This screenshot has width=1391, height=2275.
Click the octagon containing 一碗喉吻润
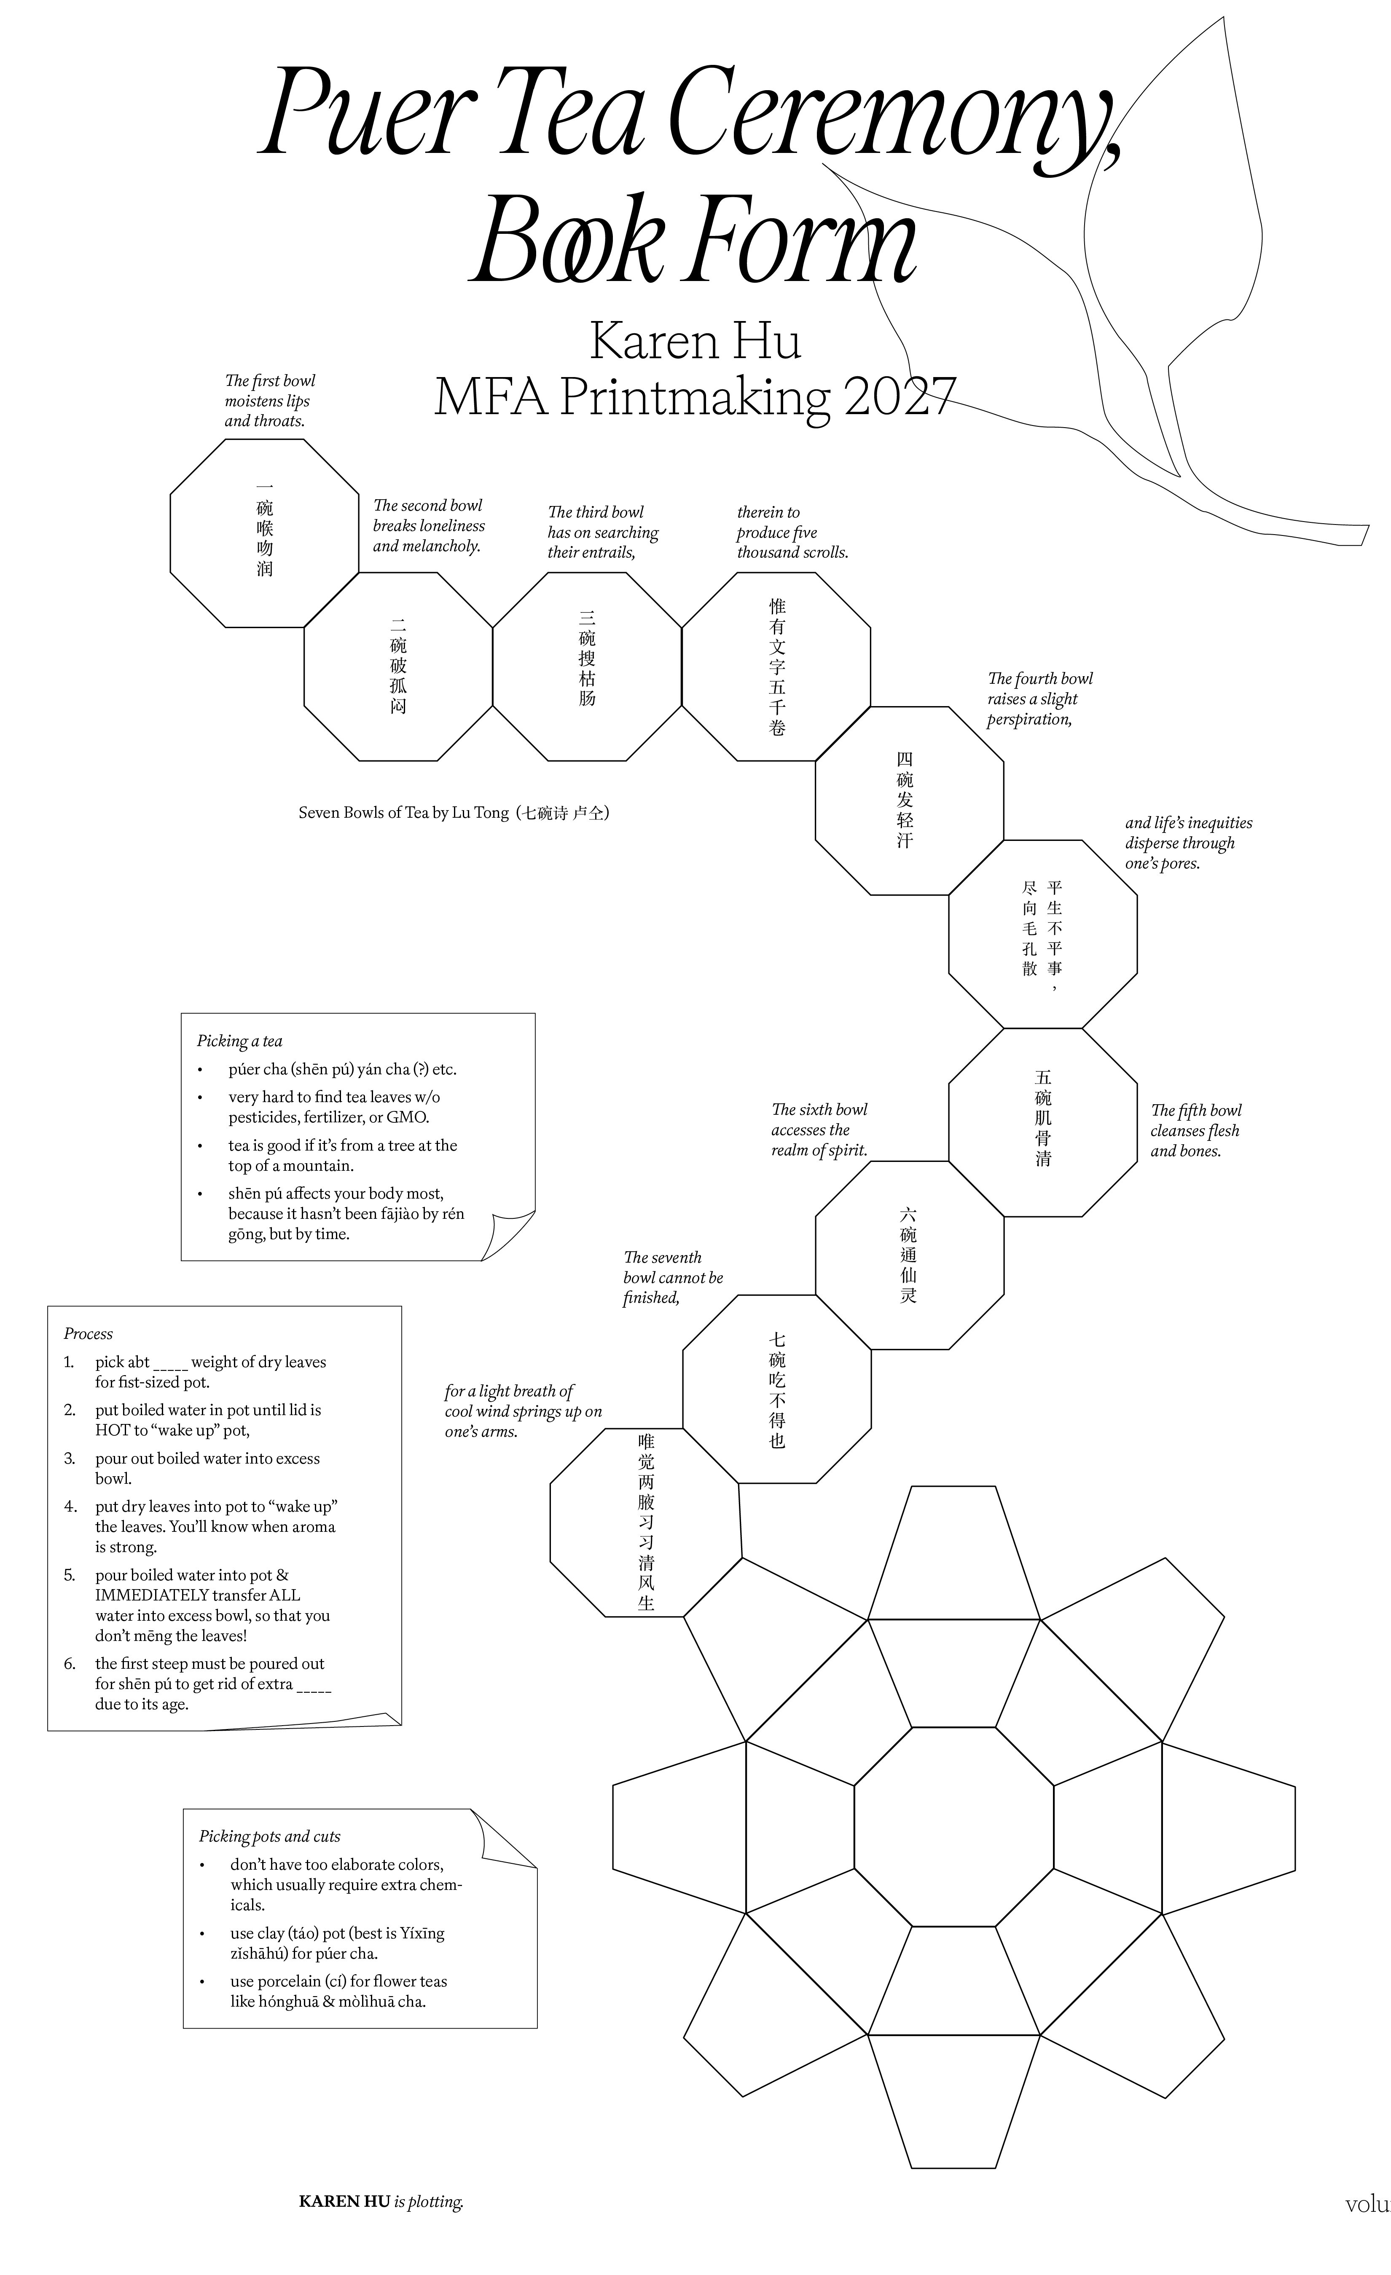tap(264, 533)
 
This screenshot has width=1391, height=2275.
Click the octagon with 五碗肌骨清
tap(1043, 1122)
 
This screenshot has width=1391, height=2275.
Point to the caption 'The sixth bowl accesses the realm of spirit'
tap(819, 1129)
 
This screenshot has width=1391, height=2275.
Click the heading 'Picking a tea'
tap(239, 1041)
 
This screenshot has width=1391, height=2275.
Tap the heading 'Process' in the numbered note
tap(88, 1333)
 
